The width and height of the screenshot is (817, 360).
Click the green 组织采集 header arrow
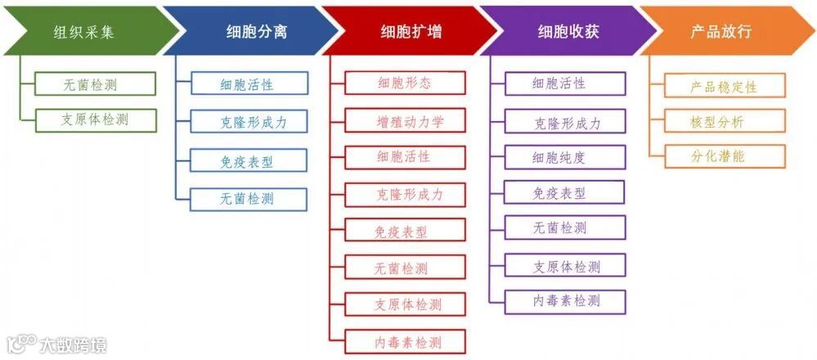point(86,32)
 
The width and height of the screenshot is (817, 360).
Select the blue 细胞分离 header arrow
point(249,32)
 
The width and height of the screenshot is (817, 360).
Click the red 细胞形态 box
point(405,83)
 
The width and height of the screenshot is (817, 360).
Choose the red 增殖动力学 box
point(405,120)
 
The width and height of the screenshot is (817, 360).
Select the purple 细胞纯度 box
point(565,156)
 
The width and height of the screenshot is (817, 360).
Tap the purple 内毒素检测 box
point(565,301)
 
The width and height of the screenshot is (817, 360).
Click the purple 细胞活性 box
point(565,83)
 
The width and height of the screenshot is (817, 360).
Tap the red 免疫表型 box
point(405,231)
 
